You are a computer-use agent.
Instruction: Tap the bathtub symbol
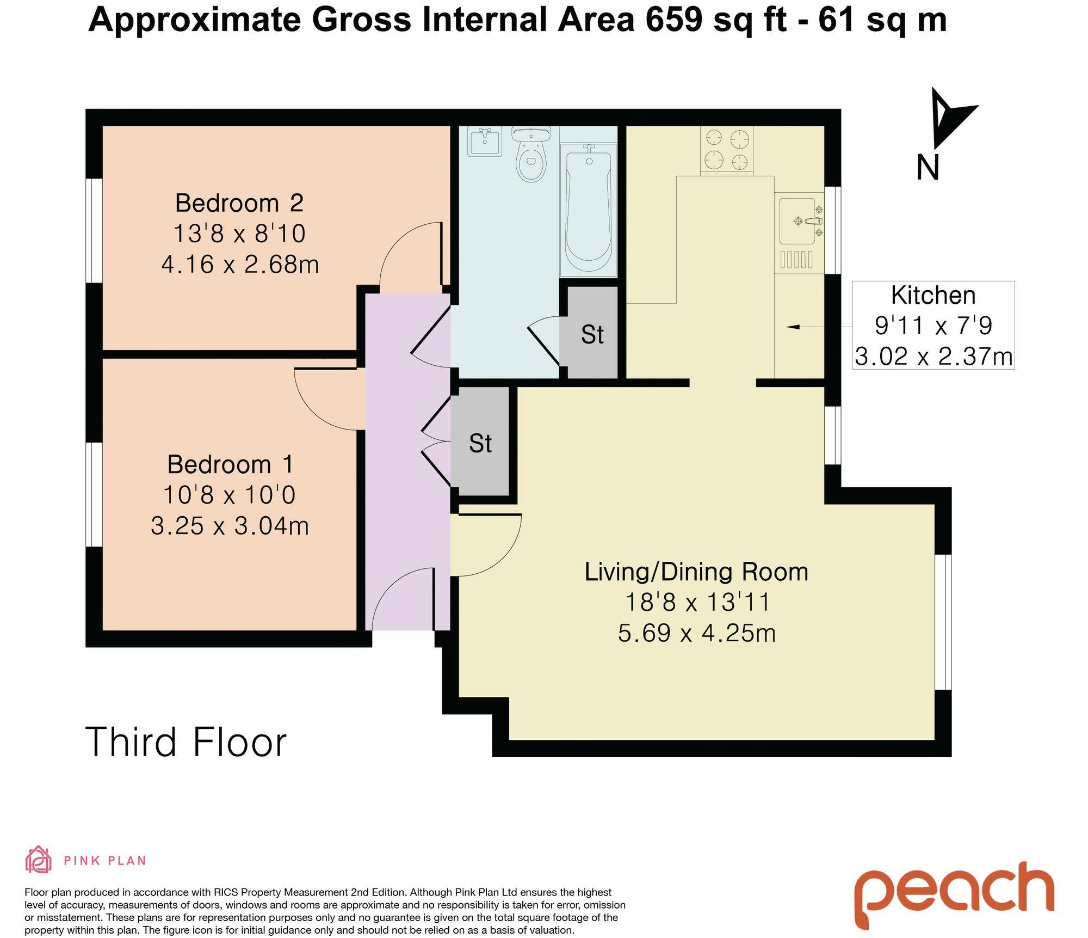click(x=588, y=210)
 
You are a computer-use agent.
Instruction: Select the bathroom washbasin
click(x=484, y=142)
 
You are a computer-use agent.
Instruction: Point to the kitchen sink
click(x=798, y=221)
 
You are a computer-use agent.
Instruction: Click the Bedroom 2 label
click(x=239, y=203)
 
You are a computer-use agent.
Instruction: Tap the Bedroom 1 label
click(x=230, y=464)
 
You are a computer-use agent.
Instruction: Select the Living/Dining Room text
click(x=696, y=572)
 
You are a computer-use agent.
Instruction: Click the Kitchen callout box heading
click(x=933, y=296)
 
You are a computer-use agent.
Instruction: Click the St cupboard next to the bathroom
click(x=592, y=334)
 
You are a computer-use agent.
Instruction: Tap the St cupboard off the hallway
click(x=480, y=443)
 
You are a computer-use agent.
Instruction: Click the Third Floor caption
click(x=186, y=742)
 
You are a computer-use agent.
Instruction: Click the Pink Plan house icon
click(x=38, y=859)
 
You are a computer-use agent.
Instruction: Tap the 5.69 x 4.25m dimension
click(x=696, y=633)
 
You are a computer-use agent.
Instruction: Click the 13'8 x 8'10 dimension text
click(x=239, y=234)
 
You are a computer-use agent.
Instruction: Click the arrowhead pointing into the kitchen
click(x=792, y=327)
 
